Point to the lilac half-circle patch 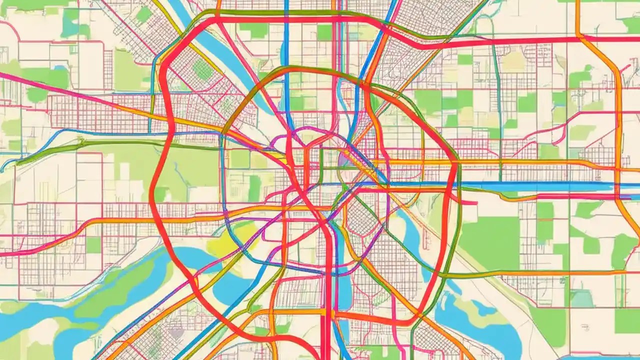(345, 160)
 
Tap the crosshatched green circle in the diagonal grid (202, 69)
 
